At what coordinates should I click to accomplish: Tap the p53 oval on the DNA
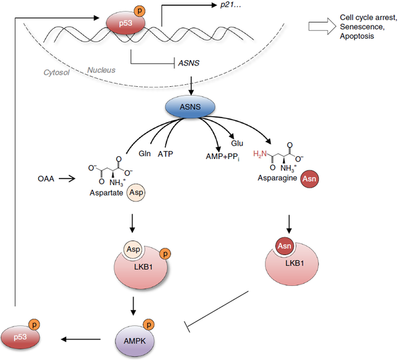pyautogui.click(x=119, y=23)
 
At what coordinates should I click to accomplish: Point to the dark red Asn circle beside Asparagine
pyautogui.click(x=309, y=178)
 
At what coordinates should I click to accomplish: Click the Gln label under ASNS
pyautogui.click(x=144, y=153)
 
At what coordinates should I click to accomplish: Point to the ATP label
pyautogui.click(x=166, y=153)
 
